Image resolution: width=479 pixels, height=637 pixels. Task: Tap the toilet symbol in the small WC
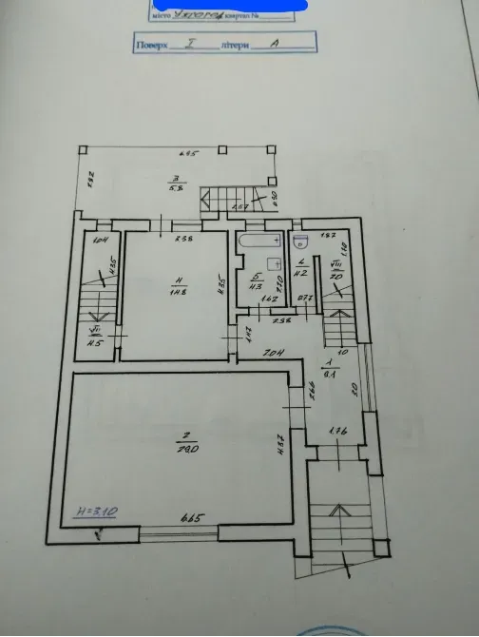pos(299,240)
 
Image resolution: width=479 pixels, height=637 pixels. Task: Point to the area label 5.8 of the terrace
pos(175,188)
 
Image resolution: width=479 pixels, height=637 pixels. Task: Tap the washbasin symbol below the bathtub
pos(275,263)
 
